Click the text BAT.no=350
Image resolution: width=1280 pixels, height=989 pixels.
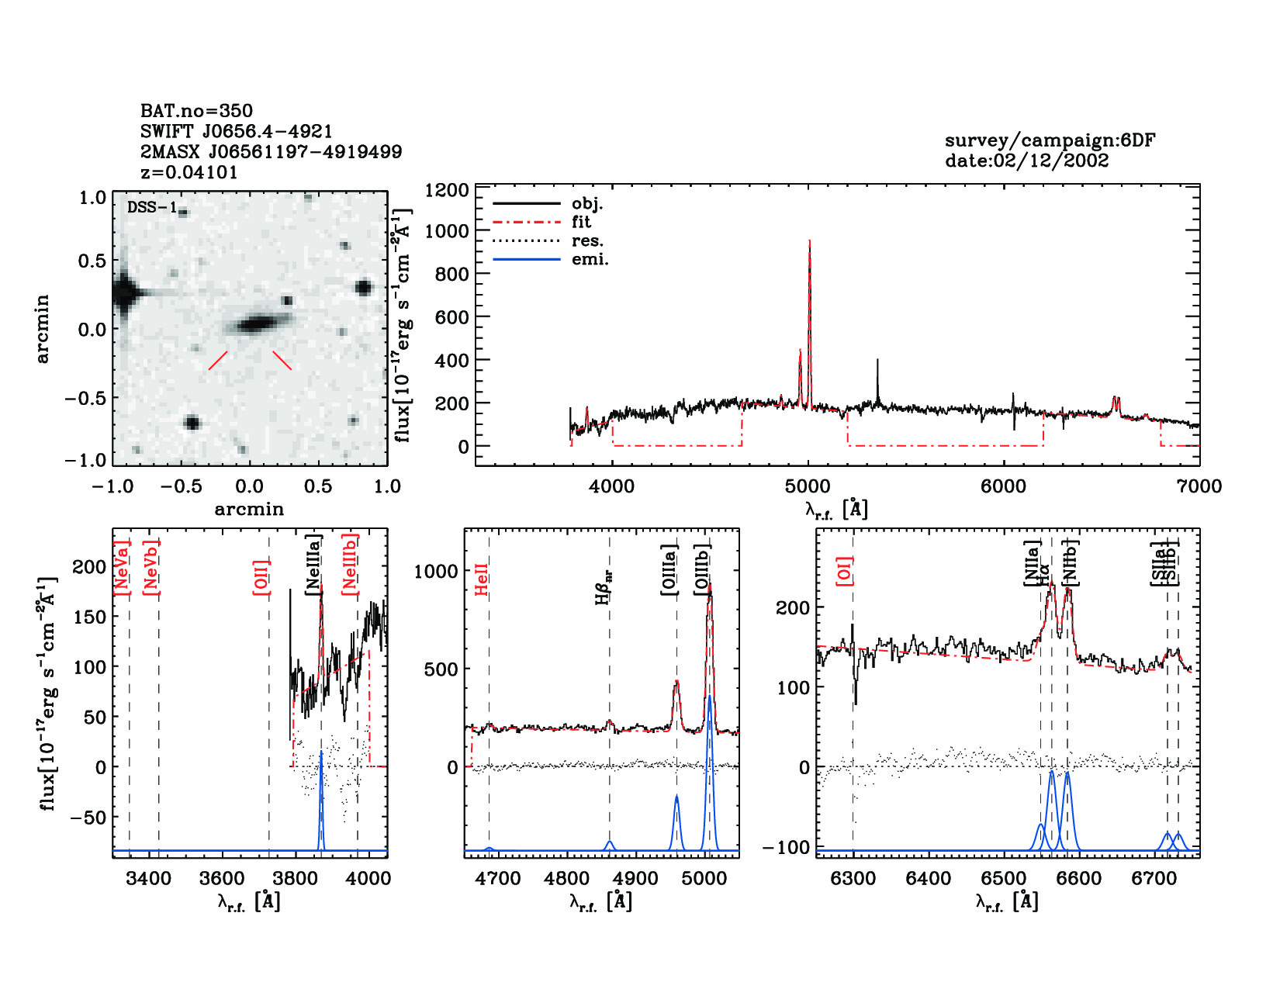click(x=196, y=111)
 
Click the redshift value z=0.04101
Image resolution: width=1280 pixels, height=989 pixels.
click(x=189, y=172)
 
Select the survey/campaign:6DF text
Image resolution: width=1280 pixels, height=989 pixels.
click(x=1050, y=140)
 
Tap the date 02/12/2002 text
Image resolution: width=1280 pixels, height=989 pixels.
click(x=1026, y=161)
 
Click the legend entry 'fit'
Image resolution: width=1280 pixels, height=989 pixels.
click(x=581, y=222)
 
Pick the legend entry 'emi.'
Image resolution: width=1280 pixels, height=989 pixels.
click(x=590, y=260)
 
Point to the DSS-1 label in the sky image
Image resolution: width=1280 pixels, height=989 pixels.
click(x=152, y=208)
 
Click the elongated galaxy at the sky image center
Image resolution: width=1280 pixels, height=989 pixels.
click(x=254, y=323)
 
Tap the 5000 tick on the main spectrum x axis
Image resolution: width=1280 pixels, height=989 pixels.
click(x=808, y=486)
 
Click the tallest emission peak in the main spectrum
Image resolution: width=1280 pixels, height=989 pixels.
click(x=809, y=243)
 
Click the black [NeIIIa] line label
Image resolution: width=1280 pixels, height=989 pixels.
click(x=313, y=565)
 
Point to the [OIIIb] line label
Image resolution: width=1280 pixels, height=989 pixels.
click(x=703, y=569)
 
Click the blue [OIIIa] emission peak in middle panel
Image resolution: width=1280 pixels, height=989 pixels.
click(x=676, y=797)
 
